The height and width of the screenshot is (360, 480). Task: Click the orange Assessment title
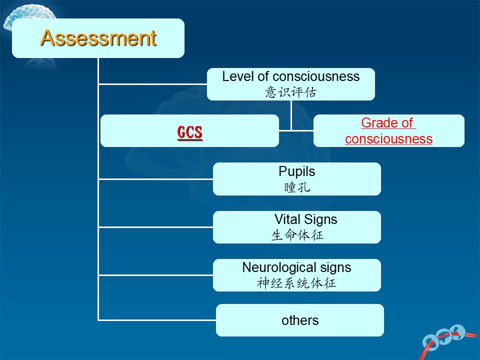tap(98, 38)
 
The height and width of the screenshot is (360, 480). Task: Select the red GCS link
tap(190, 132)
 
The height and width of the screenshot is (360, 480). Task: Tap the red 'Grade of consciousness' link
tap(389, 130)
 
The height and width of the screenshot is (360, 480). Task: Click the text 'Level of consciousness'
tap(291, 76)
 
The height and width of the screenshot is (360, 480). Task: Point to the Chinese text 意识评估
tap(291, 92)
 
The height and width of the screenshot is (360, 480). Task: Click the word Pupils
tap(297, 171)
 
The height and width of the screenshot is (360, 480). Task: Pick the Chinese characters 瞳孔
tap(297, 187)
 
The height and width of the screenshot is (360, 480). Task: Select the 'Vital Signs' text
tap(306, 219)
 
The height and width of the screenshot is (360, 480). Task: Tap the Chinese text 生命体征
tap(297, 235)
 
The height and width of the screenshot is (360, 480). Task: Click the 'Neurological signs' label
tap(296, 267)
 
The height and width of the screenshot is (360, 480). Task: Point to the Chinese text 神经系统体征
tap(296, 283)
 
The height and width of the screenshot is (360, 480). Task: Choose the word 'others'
tap(300, 320)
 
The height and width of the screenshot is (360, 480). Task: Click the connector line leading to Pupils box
tap(156, 179)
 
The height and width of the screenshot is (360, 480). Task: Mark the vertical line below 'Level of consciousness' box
tap(291, 115)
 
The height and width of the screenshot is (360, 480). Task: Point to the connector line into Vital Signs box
tap(156, 227)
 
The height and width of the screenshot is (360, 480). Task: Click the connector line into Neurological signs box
tap(156, 275)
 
